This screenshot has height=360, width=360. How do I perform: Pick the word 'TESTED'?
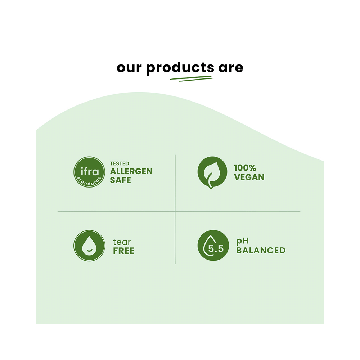tap(120, 163)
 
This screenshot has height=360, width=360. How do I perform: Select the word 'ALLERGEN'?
tap(131, 171)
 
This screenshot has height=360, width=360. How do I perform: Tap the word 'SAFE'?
tap(120, 180)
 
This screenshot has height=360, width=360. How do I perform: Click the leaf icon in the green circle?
tap(212, 172)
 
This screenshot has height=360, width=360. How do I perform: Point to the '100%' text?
tap(245, 168)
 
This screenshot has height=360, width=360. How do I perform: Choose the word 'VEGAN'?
tap(249, 177)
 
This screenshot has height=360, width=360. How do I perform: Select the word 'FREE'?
tap(123, 251)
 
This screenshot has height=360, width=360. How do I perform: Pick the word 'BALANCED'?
tap(261, 250)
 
